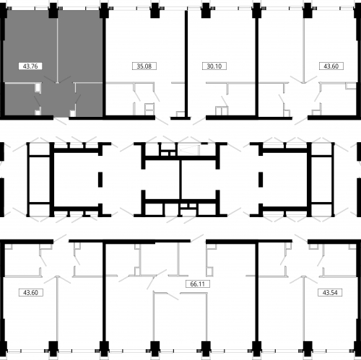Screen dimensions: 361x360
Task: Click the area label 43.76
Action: coord(30,66)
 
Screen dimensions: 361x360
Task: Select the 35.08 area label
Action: coord(144,66)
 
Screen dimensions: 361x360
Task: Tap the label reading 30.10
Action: coord(214,66)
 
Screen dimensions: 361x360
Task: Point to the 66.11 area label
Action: coord(198,284)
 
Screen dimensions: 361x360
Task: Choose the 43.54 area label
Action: coord(330,293)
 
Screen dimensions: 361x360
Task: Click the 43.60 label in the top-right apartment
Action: coord(331,66)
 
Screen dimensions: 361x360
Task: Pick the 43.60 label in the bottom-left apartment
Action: coord(31,293)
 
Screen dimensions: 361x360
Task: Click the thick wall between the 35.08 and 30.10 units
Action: coord(186,64)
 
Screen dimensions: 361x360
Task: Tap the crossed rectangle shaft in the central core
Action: coord(188,149)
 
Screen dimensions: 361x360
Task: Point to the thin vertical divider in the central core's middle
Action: coord(180,180)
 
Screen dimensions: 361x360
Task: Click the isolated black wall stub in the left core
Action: coord(100,180)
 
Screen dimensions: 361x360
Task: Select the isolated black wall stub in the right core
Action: coord(261,180)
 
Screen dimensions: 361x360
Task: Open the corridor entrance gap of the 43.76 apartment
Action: coord(61,118)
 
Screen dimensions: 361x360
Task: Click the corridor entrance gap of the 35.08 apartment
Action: coord(163,118)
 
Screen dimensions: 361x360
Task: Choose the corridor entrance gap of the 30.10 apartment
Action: coord(199,118)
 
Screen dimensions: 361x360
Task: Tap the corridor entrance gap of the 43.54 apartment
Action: coord(300,241)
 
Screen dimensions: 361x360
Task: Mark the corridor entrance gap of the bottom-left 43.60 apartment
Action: coord(61,241)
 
